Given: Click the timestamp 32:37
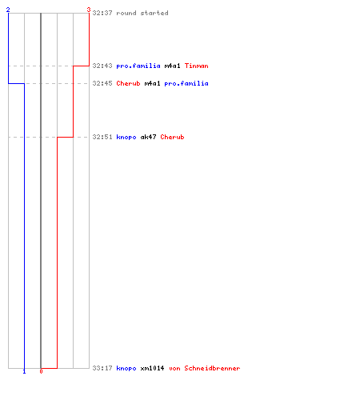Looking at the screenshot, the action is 102,13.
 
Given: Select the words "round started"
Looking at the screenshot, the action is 142,13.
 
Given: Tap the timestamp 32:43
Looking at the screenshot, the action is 102,66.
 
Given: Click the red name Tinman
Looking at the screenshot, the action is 197,66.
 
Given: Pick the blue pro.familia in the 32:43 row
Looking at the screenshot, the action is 138,66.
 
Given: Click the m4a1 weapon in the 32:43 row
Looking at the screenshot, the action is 173,66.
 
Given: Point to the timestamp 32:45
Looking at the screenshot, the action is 102,83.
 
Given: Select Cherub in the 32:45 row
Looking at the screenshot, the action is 128,83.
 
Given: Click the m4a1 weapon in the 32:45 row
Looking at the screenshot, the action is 153,83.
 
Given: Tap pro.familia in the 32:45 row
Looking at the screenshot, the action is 186,83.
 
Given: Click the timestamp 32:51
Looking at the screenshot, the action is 102,137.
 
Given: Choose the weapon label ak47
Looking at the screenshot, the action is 148,137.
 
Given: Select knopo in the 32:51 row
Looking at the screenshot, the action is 126,137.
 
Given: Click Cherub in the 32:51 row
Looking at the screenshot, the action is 172,137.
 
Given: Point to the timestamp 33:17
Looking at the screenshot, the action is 102,368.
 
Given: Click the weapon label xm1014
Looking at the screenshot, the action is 152,368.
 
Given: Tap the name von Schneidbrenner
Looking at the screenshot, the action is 205,368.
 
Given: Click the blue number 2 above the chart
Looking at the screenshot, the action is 8,10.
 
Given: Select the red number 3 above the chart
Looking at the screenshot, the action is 89,10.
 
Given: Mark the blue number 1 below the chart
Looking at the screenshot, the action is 24,371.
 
